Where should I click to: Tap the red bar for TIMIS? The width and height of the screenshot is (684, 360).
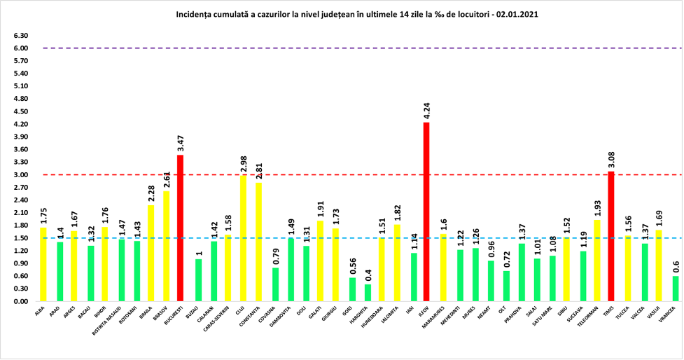610,236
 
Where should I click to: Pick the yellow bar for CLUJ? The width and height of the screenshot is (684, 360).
243,238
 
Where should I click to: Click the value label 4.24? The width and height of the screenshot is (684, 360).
426,111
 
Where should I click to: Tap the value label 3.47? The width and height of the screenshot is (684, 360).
180,144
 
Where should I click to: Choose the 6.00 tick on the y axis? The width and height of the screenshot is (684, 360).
20,48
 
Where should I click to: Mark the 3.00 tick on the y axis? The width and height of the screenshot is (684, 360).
20,175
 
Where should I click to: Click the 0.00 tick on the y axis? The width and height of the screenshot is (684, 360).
20,301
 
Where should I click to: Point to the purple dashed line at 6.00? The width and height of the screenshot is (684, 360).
350,48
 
